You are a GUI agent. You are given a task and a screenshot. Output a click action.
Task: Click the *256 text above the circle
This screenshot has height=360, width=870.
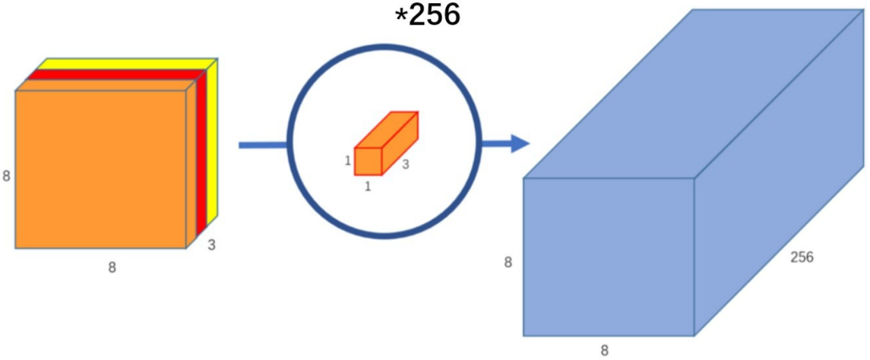[x=428, y=15]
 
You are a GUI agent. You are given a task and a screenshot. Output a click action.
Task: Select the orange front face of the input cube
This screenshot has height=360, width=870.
[x=100, y=169]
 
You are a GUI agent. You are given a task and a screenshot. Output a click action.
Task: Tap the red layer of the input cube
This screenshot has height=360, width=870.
[x=201, y=152]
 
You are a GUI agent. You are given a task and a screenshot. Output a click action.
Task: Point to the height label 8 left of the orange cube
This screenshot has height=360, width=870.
[x=6, y=176]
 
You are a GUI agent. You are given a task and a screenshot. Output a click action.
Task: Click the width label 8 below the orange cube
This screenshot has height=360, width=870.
[x=112, y=267]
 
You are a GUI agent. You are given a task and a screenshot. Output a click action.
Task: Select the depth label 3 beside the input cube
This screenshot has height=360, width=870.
[x=211, y=246]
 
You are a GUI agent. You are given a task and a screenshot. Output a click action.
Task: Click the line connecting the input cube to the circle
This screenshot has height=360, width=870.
[x=262, y=144]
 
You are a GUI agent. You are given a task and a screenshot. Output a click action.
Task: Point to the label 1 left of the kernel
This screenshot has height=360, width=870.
[x=347, y=161]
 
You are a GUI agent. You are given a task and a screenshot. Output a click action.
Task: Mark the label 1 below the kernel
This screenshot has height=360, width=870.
[x=368, y=186]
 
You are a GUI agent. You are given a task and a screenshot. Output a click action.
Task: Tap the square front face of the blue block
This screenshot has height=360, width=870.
[x=609, y=257]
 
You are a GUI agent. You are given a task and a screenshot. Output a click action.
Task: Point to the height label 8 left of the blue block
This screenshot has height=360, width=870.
[x=508, y=263]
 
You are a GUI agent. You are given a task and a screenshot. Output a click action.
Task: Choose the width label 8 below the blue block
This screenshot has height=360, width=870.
[x=605, y=350]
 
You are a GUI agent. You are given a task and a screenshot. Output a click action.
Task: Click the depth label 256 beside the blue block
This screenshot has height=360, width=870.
[x=802, y=257]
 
